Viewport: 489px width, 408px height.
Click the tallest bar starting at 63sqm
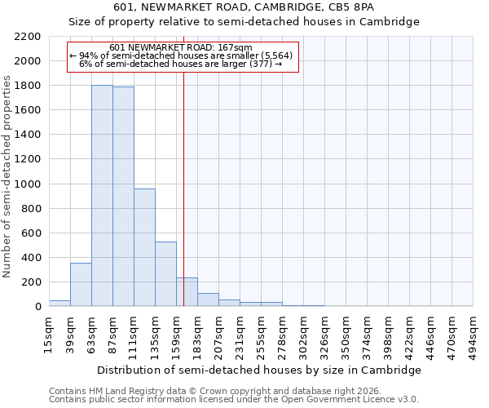(102, 196)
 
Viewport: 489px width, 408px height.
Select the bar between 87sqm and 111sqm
(123, 197)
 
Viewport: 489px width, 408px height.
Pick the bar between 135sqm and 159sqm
(165, 274)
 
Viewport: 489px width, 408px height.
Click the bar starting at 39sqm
(81, 285)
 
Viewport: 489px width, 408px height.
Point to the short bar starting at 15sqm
(59, 303)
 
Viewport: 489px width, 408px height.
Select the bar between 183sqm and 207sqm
(208, 299)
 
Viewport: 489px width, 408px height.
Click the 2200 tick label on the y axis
(28, 37)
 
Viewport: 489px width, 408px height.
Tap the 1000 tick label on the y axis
(28, 184)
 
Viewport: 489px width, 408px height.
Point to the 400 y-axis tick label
(31, 258)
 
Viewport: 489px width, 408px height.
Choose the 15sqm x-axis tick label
(50, 334)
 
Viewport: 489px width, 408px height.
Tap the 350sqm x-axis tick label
(346, 334)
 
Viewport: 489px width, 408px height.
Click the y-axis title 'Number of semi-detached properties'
(7, 176)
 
